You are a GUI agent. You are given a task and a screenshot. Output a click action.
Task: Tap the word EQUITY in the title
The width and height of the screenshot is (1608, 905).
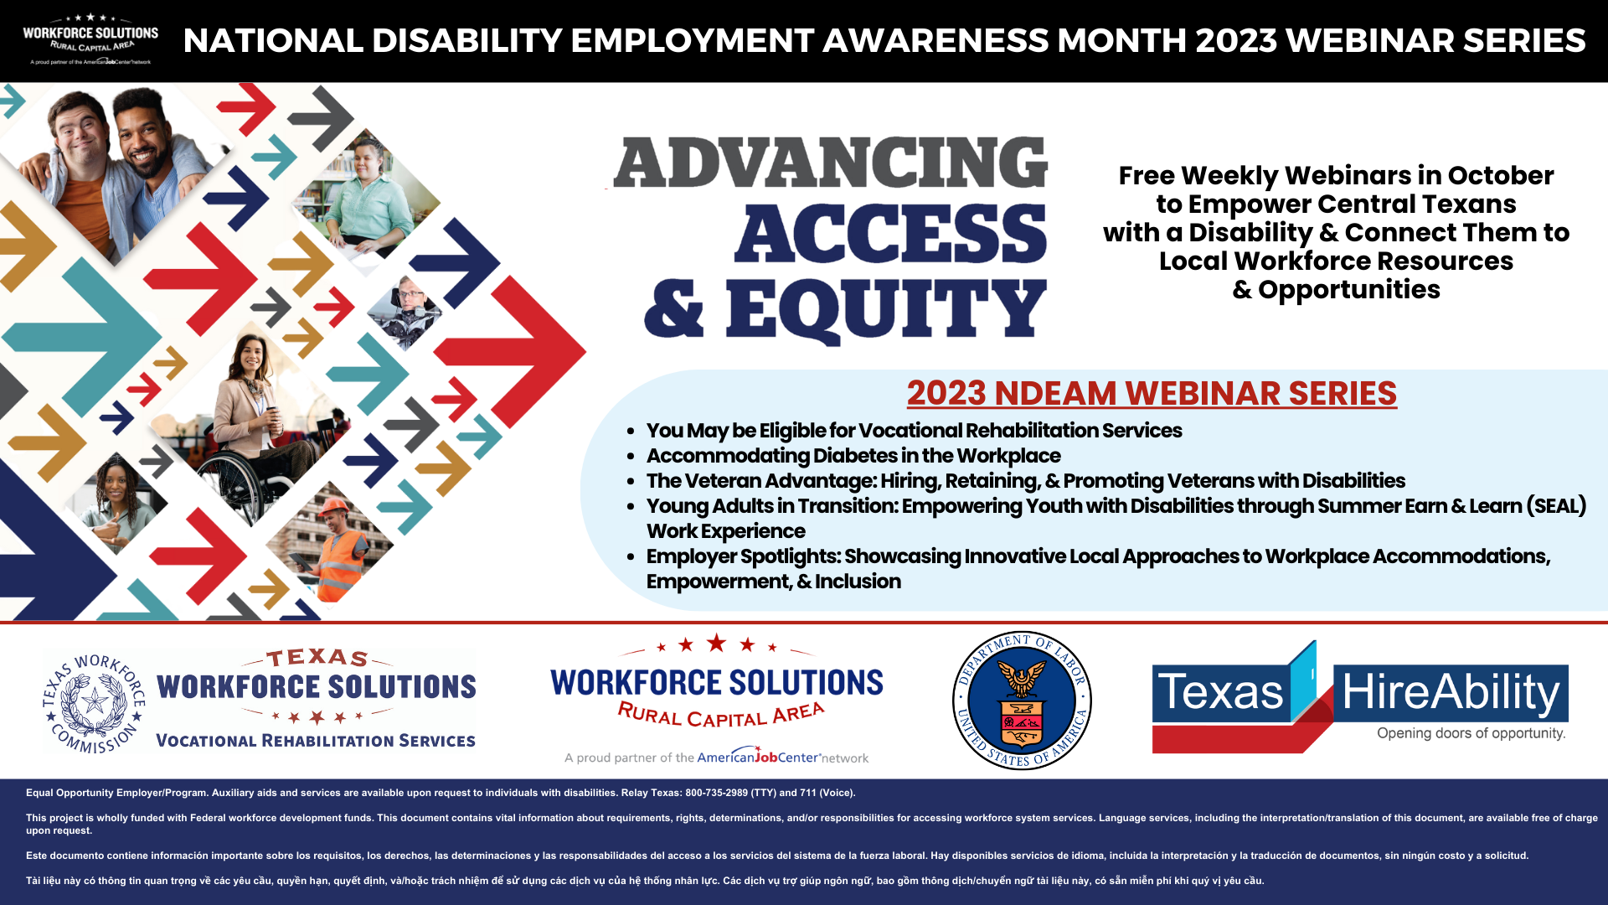tap(886, 310)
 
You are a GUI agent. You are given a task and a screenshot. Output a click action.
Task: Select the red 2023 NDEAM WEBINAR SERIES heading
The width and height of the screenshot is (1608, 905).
tap(1152, 393)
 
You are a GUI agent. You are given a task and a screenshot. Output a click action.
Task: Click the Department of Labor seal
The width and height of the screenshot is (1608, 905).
tap(1022, 701)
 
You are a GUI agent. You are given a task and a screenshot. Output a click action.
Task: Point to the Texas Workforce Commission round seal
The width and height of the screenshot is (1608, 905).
tap(95, 702)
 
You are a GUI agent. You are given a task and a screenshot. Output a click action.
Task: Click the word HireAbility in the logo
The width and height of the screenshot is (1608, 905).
tap(1451, 693)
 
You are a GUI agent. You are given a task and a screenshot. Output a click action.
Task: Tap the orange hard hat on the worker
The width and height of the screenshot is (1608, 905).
tap(336, 508)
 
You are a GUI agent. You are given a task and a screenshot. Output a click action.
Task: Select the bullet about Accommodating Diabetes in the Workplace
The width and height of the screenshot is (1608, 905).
tap(853, 456)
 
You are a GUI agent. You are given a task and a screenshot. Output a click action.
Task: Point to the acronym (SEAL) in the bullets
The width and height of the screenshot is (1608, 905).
tap(1556, 506)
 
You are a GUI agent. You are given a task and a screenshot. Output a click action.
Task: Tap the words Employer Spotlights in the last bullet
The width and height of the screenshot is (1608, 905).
tap(743, 556)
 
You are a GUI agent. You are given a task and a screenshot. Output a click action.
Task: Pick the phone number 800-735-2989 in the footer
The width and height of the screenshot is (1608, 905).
tap(716, 793)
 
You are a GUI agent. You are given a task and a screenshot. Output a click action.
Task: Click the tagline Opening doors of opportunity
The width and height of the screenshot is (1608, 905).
tap(1471, 733)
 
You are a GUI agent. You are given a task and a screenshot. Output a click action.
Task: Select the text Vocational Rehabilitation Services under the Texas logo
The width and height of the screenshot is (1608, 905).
tap(316, 741)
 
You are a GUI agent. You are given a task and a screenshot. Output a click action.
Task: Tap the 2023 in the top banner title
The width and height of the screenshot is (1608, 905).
tap(1235, 40)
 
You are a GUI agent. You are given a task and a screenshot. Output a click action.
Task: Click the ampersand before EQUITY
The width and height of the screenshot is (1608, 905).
tap(674, 310)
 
